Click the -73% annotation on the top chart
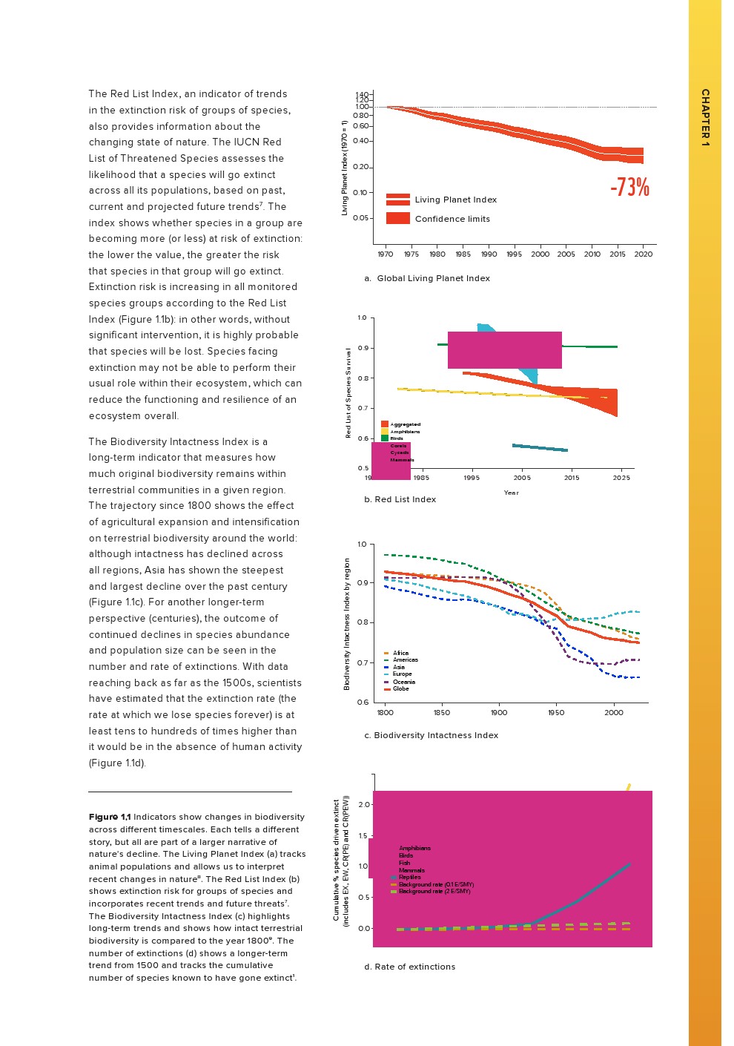tap(629, 187)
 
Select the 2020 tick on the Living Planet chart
tap(643, 254)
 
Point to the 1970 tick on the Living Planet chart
tap(386, 254)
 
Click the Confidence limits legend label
tap(452, 219)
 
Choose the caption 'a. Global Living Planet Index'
tap(427, 278)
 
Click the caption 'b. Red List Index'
tap(400, 499)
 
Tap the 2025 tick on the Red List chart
tap(621, 478)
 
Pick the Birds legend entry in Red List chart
tap(397, 438)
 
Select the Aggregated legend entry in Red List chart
tap(405, 424)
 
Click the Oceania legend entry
tap(403, 682)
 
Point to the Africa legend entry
tap(400, 654)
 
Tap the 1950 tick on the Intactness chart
tap(556, 713)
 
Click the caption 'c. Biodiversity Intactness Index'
tap(432, 735)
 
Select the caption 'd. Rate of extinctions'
tap(410, 967)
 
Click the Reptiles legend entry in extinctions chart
tap(409, 877)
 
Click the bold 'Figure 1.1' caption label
tap(110, 817)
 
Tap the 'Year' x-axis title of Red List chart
tap(512, 493)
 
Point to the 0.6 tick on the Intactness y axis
tap(363, 702)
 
